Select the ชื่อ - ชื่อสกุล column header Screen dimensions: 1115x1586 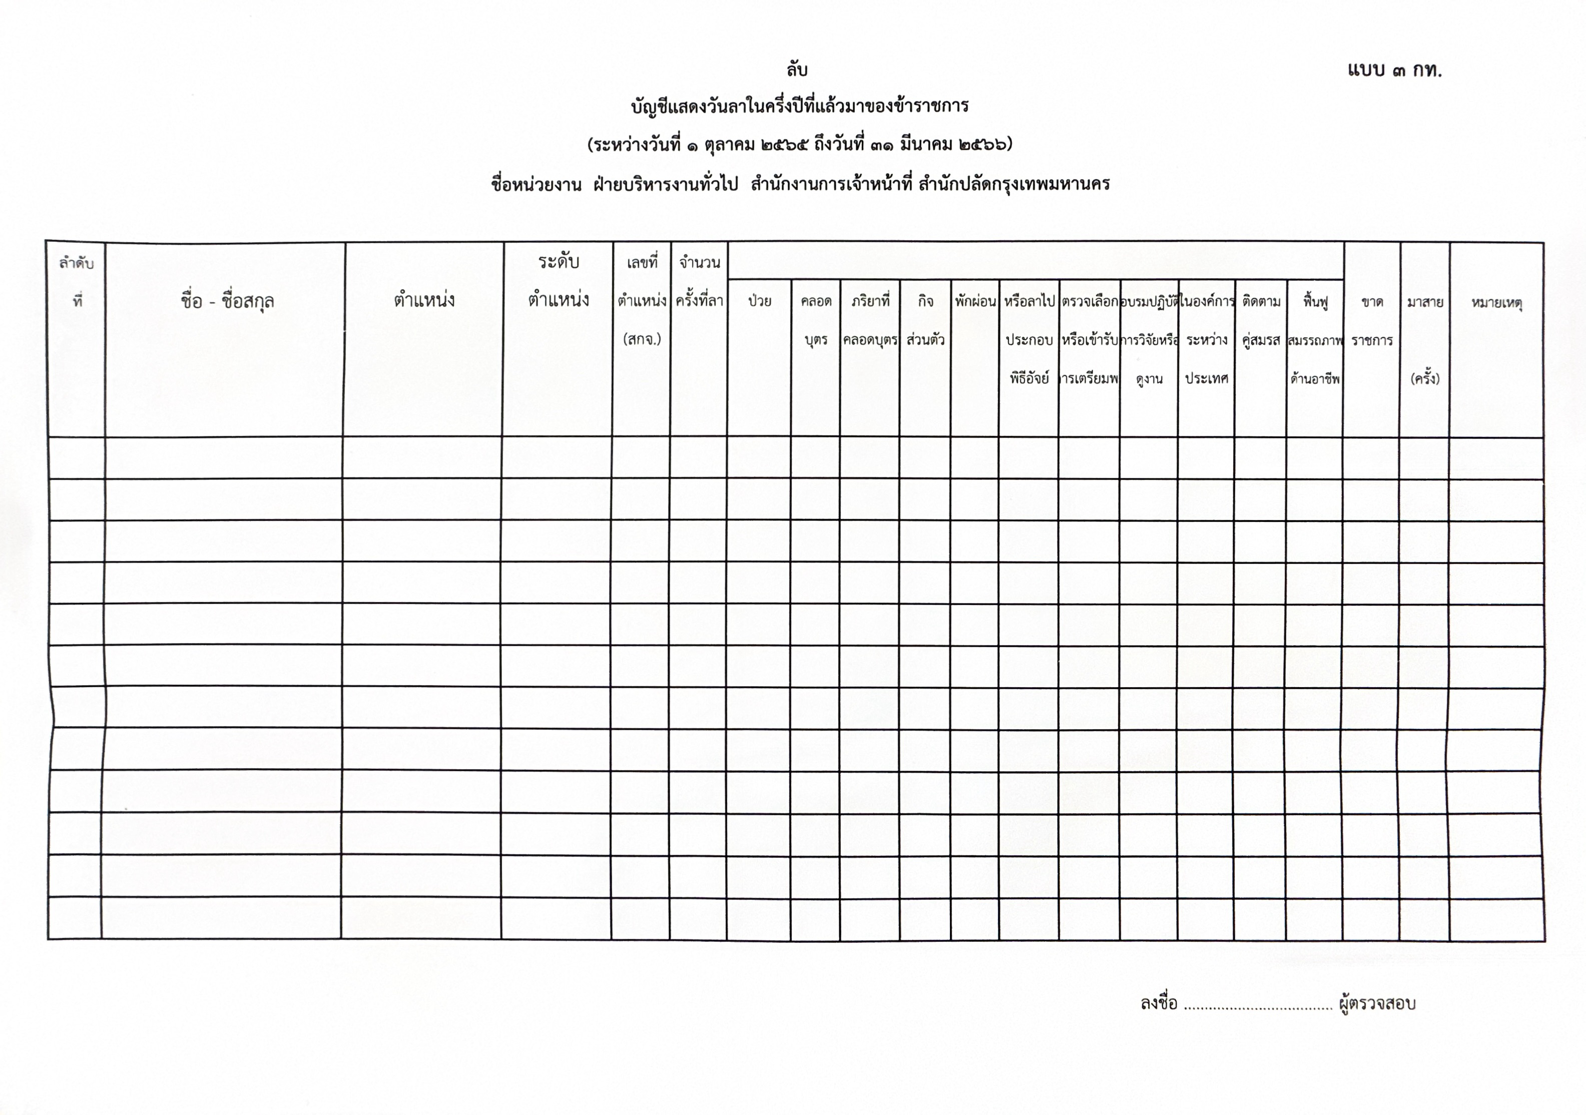(x=227, y=301)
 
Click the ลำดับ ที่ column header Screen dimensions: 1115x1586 (x=77, y=282)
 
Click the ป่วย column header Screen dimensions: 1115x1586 (x=759, y=302)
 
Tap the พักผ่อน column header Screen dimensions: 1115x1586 (x=974, y=302)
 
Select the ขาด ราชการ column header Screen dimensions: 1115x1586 (x=1371, y=321)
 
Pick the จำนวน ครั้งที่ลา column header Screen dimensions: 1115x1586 (x=699, y=282)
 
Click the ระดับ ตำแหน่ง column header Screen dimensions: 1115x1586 (x=558, y=281)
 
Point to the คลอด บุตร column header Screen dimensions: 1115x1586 (x=816, y=321)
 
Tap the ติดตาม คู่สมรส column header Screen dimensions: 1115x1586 (x=1261, y=321)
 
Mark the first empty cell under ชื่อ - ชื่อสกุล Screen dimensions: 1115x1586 (x=224, y=457)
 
